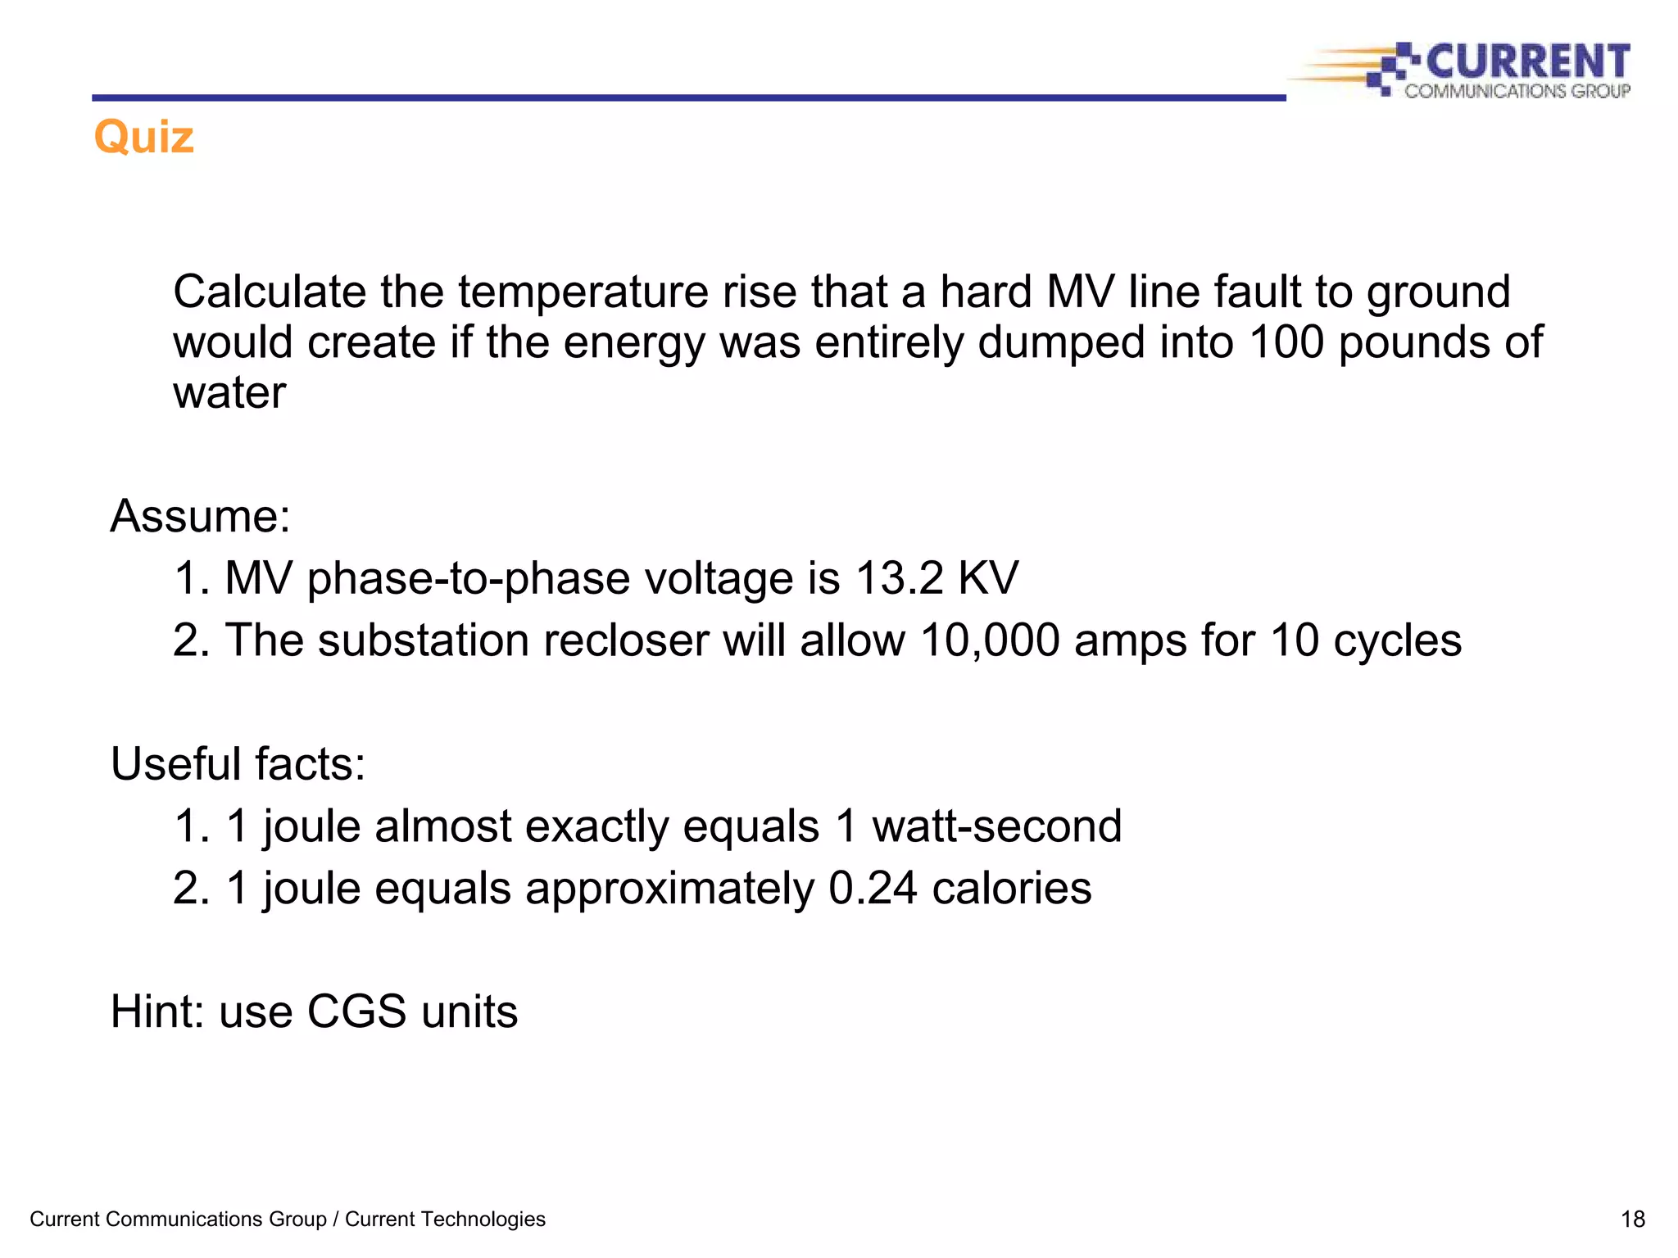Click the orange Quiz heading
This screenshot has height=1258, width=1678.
point(144,137)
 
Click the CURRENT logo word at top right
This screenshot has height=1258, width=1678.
point(1528,61)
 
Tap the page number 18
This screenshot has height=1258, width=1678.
point(1632,1220)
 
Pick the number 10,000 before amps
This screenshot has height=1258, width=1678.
point(990,640)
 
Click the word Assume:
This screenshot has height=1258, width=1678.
point(201,516)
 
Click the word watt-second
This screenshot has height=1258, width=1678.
point(996,826)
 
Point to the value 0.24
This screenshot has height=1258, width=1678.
point(873,888)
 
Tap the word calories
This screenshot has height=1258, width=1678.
point(1011,888)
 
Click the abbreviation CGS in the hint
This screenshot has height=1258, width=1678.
point(356,1011)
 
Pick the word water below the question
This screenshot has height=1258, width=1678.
point(229,392)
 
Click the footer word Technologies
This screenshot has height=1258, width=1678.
point(486,1220)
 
